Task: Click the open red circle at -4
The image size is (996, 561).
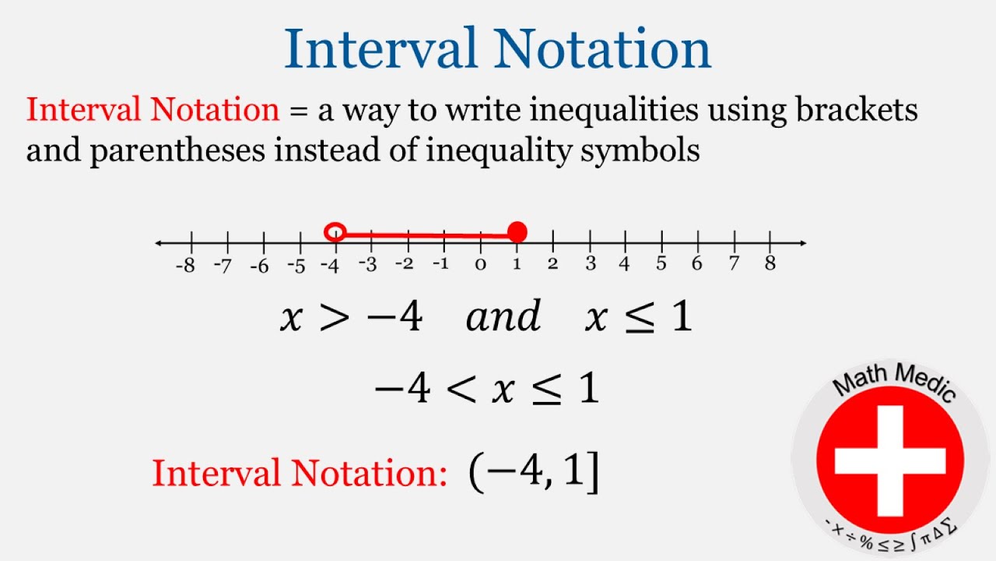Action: coord(335,232)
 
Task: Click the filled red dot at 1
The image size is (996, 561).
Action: coord(517,232)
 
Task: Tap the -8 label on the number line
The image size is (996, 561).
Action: coord(184,265)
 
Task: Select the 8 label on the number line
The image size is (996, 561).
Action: coord(770,263)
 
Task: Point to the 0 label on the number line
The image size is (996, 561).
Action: coord(480,265)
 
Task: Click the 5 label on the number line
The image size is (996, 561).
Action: coord(661,263)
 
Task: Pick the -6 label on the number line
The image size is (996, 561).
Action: coord(258,265)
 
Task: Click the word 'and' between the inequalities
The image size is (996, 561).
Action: coord(503,317)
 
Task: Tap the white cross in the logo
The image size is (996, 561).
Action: coord(890,459)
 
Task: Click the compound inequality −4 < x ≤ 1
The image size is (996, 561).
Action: coord(486,388)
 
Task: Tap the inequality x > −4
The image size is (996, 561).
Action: coord(350,317)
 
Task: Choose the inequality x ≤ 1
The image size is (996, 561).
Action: coord(638,317)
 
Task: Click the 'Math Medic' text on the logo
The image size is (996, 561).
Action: coord(892,382)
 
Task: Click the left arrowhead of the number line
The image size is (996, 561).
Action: coord(160,243)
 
